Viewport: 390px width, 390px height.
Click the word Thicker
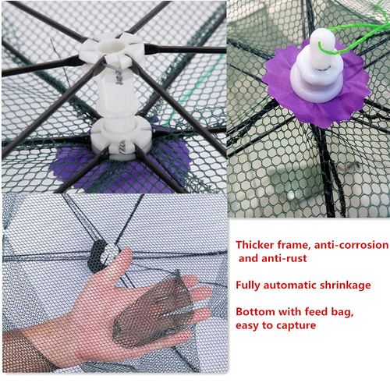[257, 244]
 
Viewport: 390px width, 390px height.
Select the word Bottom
[256, 311]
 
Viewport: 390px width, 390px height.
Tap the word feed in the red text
[324, 311]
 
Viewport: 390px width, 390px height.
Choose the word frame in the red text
[299, 244]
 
